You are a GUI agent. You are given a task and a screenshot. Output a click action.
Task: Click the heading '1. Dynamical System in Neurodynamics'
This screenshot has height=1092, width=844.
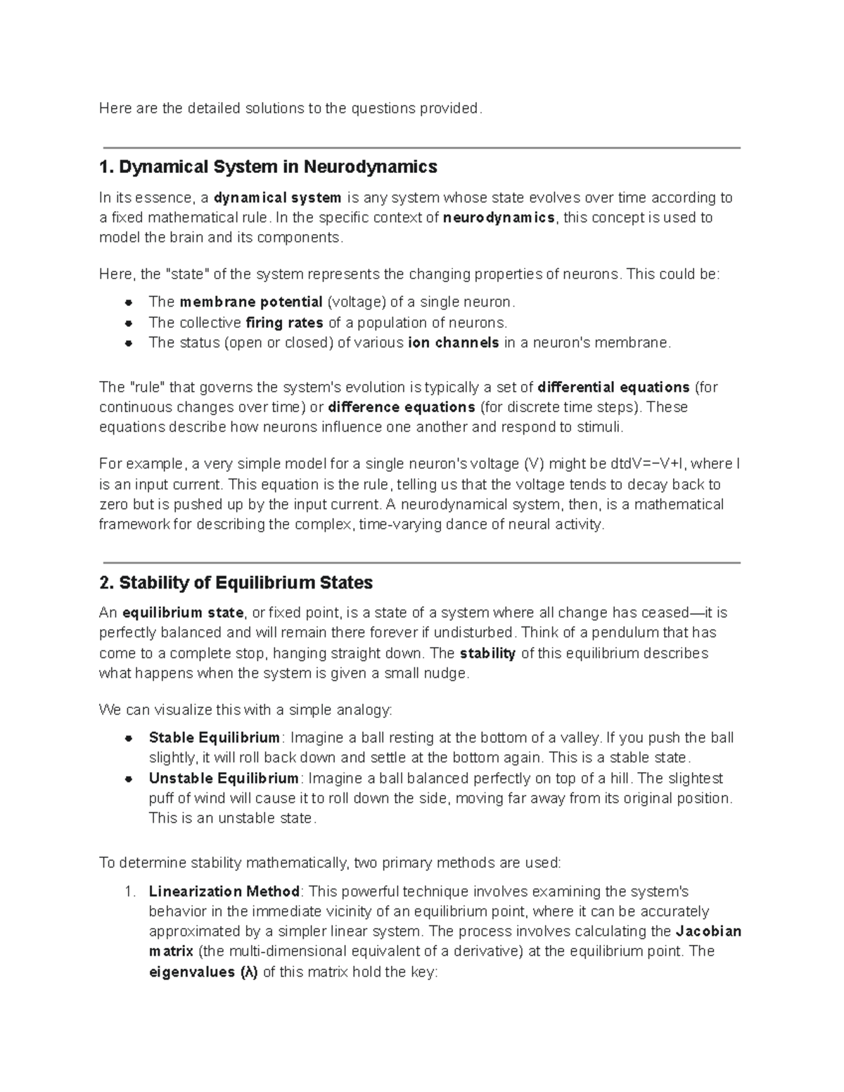pyautogui.click(x=268, y=167)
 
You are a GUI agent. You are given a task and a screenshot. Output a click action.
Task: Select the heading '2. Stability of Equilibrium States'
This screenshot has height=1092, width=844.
pyautogui.click(x=236, y=583)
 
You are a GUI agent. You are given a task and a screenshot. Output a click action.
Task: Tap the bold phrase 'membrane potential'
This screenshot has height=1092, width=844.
pyautogui.click(x=251, y=302)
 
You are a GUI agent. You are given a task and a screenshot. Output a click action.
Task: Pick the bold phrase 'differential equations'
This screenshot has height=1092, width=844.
pyautogui.click(x=613, y=387)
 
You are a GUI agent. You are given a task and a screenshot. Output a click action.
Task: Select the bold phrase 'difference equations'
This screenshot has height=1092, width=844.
pyautogui.click(x=402, y=408)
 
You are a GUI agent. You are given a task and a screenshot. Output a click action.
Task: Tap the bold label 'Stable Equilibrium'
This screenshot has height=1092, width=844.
pyautogui.click(x=215, y=738)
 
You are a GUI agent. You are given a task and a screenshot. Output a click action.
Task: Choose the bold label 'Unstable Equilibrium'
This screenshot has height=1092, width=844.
pyautogui.click(x=224, y=778)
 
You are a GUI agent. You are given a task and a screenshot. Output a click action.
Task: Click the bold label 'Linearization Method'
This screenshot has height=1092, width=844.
pyautogui.click(x=224, y=892)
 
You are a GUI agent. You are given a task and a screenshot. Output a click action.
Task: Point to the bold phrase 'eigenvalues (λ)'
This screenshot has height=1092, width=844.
pyautogui.click(x=203, y=972)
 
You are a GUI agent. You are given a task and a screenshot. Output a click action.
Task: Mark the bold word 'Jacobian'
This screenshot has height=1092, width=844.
pyautogui.click(x=708, y=932)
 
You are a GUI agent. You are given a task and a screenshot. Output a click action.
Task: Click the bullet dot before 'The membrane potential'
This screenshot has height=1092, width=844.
pyautogui.click(x=129, y=303)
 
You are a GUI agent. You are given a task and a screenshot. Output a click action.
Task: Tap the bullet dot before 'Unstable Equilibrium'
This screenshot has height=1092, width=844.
pyautogui.click(x=129, y=779)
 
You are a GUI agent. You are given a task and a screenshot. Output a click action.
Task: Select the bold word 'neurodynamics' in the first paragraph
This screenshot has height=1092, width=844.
pyautogui.click(x=499, y=218)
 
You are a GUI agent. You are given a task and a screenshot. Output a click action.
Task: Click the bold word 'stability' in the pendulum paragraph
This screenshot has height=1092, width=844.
pyautogui.click(x=487, y=653)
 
